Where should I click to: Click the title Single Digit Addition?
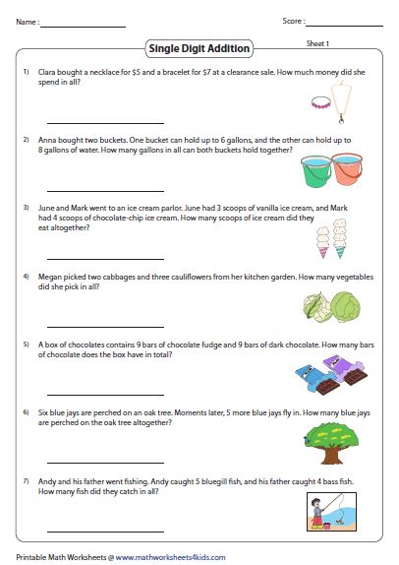[199, 47]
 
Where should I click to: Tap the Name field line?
[84, 25]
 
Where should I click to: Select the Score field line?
[345, 25]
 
